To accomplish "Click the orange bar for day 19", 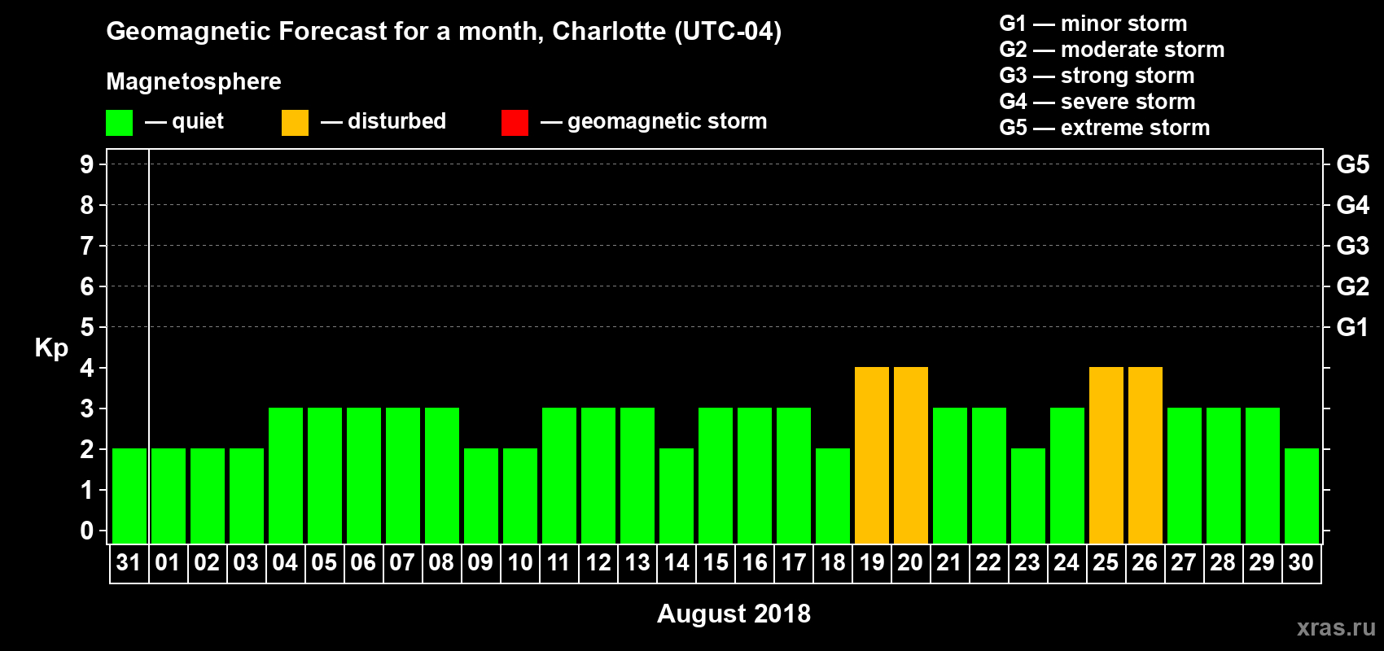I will (872, 456).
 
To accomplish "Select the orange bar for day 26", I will (1145, 456).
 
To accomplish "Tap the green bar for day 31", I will (129, 496).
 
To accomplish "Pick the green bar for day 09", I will (481, 496).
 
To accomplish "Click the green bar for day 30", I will (1302, 496).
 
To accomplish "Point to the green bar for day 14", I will (677, 496).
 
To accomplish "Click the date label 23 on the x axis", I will (1027, 562).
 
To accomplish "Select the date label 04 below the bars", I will (285, 562).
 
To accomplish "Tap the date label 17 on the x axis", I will (793, 562).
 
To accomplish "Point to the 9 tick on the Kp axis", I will (87, 164).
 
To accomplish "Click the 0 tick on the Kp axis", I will (87, 531).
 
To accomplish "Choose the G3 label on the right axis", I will (1352, 246).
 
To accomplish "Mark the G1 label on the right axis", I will (1352, 327).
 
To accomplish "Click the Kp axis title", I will (51, 347).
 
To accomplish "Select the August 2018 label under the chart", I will (734, 614).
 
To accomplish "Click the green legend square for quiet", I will (120, 123).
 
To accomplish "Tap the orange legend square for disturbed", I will (296, 123).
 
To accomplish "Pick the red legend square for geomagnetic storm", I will (515, 123).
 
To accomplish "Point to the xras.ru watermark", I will (1336, 627).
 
